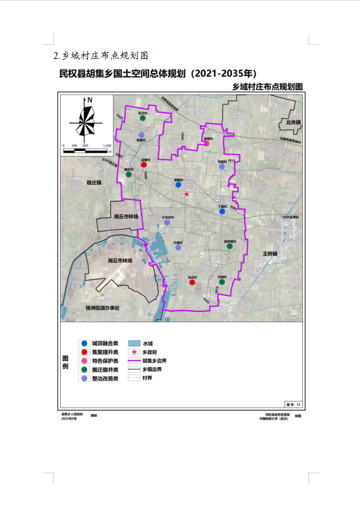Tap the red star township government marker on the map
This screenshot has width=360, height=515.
tap(187, 194)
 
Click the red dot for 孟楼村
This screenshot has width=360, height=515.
tap(144, 165)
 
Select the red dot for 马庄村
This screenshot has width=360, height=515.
tap(191, 283)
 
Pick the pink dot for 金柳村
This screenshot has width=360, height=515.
tap(207, 144)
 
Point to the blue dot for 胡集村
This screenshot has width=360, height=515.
tap(178, 185)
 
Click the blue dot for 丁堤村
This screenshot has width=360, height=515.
tap(222, 211)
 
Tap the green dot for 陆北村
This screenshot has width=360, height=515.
tap(142, 118)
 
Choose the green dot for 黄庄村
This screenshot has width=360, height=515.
tap(129, 174)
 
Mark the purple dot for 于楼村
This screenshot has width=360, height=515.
tap(178, 247)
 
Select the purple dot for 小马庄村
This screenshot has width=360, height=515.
tap(167, 222)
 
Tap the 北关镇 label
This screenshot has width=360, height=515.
tap(293, 123)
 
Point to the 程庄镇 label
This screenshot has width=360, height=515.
tap(94, 183)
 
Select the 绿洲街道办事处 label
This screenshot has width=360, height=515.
tap(102, 308)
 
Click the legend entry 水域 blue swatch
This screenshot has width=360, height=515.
tap(133, 344)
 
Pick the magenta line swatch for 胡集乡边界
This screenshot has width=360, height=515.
tap(133, 361)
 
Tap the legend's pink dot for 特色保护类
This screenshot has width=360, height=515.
tap(83, 361)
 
